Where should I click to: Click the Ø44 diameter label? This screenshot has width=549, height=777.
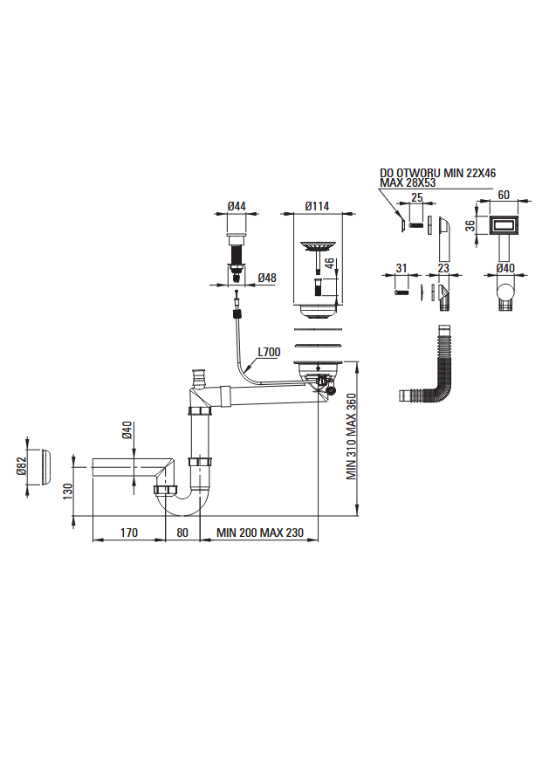pos(236,206)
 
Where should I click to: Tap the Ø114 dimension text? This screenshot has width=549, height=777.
pos(317,206)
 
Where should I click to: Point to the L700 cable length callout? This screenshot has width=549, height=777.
pos(269,353)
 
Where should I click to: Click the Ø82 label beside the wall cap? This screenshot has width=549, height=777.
pos(22,469)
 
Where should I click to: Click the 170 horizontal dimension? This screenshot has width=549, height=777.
pos(129,532)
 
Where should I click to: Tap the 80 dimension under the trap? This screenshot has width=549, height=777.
pos(183,532)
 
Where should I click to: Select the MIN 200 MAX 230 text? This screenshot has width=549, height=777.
pos(259,532)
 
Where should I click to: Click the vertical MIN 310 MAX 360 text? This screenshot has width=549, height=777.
pos(353,437)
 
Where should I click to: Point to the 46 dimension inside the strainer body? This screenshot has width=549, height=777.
pos(330,264)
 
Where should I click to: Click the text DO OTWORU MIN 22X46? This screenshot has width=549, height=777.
pos(436,174)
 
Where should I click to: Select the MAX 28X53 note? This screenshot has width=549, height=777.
pos(408,183)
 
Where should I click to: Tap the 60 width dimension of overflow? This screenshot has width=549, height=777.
pos(503,196)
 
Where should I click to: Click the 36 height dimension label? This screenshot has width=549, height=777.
pos(468,225)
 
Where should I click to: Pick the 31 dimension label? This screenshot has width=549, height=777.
pos(401,268)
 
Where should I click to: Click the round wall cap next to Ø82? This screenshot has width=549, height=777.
pos(44,471)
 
